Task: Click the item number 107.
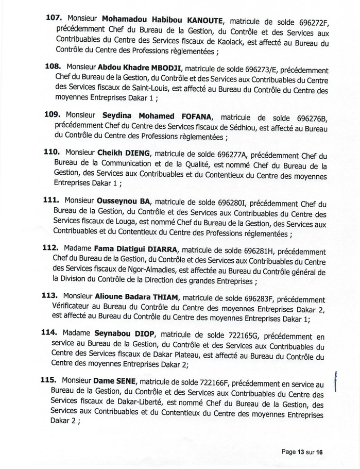[54, 18]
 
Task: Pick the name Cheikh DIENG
[123, 153]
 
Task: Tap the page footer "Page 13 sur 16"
[302, 452]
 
